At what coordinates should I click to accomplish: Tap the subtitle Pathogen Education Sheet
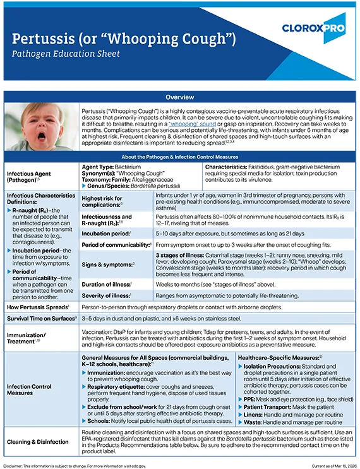click(x=75, y=54)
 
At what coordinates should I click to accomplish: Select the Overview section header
click(x=180, y=97)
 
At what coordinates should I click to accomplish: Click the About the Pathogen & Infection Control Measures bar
click(x=180, y=157)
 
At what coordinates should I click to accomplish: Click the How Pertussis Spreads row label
click(x=37, y=309)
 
